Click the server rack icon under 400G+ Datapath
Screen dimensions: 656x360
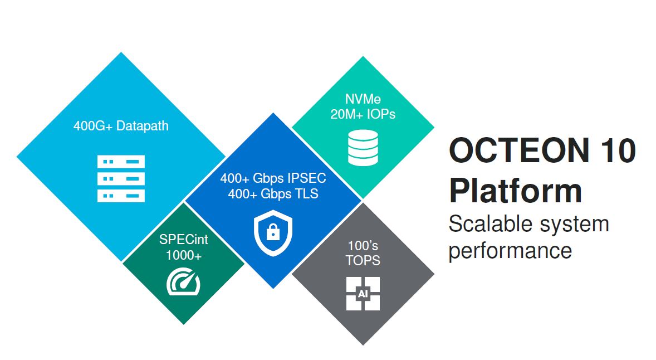121,178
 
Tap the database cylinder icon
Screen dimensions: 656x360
363,147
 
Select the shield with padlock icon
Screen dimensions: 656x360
273,233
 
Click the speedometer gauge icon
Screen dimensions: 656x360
183,282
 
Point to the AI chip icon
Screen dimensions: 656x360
363,294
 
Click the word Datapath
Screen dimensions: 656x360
142,126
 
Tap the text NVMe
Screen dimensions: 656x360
363,99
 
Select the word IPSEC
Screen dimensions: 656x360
307,178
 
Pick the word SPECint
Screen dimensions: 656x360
184,240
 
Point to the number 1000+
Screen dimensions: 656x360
184,255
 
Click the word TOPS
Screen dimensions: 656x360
363,260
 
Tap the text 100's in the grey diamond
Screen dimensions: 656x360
363,245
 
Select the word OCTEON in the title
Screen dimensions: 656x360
519,150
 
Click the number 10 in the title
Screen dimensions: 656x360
618,150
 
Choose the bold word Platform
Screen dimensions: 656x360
516,191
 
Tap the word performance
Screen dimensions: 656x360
511,251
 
